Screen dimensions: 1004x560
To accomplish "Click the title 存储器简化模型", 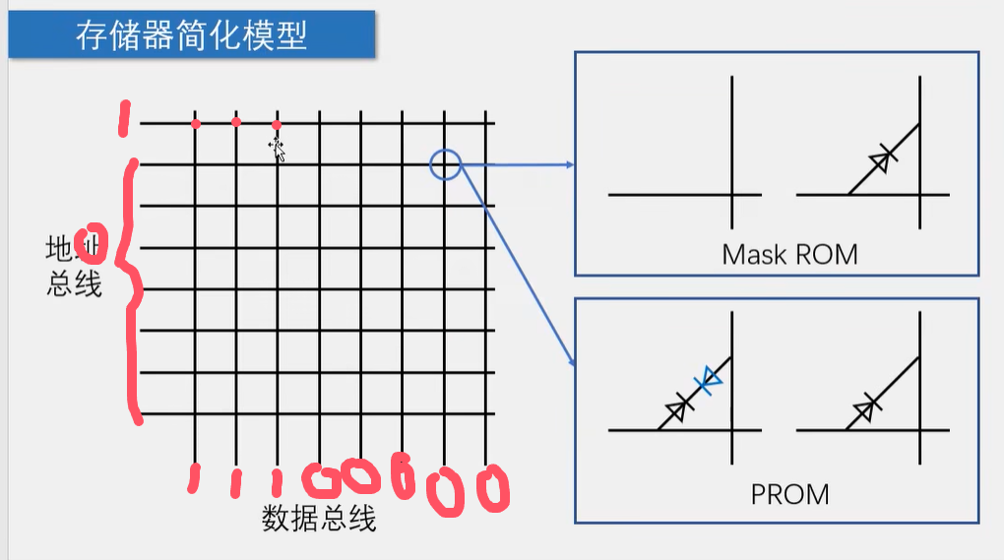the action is pos(192,35).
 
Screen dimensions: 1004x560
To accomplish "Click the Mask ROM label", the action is pos(789,255).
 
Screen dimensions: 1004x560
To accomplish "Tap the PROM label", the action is pos(789,493).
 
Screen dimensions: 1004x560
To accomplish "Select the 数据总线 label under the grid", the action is pos(319,518).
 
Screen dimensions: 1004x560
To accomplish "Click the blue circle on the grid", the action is pos(445,164).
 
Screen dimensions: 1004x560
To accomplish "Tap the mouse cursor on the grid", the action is pos(278,150).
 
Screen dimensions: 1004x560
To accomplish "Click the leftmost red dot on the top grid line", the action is pos(196,124).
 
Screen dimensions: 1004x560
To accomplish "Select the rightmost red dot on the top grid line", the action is pos(277,125).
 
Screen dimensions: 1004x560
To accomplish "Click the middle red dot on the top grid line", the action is pos(236,122).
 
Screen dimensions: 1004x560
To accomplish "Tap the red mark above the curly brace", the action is pos(123,119).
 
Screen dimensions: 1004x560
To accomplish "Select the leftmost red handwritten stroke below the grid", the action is pos(194,477).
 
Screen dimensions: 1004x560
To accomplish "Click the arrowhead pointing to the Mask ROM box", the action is pos(569,165).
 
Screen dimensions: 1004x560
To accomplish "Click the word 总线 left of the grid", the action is pos(75,284).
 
